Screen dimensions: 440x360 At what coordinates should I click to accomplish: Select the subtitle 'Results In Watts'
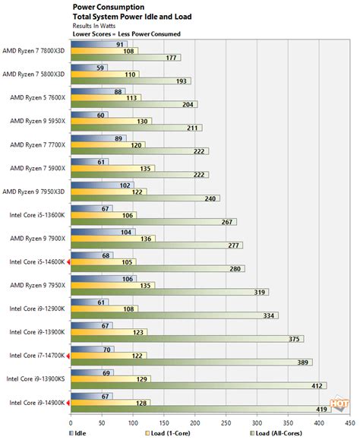click(x=97, y=24)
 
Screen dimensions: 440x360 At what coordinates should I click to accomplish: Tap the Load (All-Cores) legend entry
click(x=286, y=433)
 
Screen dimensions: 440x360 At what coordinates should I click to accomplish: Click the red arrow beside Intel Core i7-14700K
click(x=69, y=355)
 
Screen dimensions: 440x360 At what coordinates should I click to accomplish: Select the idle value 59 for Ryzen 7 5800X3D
click(x=100, y=67)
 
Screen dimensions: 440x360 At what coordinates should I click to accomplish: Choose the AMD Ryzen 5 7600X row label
click(x=37, y=97)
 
